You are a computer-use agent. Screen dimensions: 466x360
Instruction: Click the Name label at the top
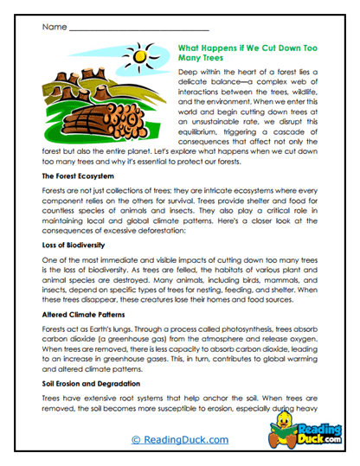(53, 28)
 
